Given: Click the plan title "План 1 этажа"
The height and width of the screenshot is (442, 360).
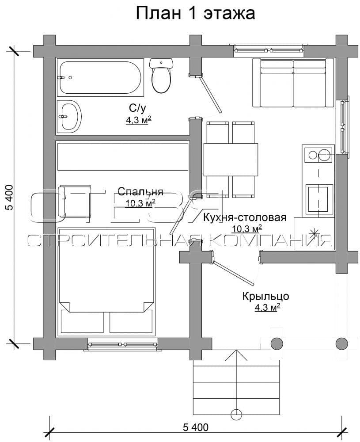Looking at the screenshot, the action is tap(196, 13).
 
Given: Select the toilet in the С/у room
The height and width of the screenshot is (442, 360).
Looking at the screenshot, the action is tap(161, 75).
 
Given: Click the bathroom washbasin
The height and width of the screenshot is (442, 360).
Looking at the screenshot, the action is tap(69, 116).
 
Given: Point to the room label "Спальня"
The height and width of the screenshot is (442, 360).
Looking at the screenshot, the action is tap(140, 191).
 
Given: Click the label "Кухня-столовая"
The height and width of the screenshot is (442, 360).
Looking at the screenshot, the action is tap(245, 217).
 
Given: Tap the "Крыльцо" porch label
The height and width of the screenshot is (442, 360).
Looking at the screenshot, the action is tap(265, 296).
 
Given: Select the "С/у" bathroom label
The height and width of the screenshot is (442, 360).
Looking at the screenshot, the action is tap(138, 108).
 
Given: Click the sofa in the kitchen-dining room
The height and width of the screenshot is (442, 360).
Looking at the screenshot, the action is tap(293, 83).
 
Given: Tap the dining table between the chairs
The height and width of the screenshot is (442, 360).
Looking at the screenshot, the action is tap(231, 160).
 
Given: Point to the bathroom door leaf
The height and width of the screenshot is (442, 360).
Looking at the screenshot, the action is tap(210, 95).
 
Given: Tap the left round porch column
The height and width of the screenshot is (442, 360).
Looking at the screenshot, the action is tap(277, 343).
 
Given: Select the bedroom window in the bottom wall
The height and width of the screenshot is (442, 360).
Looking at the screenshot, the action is tap(122, 345).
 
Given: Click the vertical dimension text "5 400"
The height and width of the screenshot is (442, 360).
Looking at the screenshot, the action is tap(9, 198).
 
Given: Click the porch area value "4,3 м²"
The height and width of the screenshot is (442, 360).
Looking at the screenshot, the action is tap(267, 308).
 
